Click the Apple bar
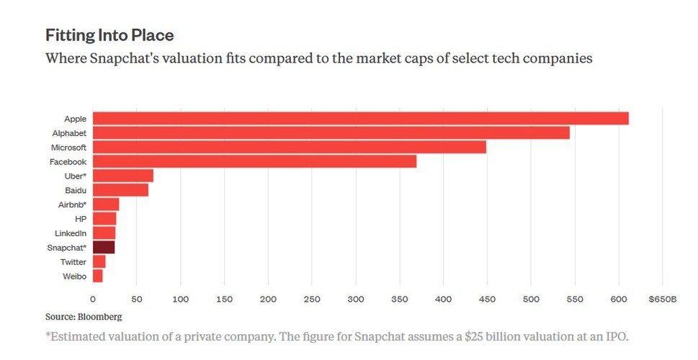click(x=360, y=118)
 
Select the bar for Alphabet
click(x=331, y=132)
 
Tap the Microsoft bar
click(x=289, y=147)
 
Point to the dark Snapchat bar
click(x=104, y=248)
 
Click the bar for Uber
click(x=122, y=176)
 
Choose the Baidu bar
click(x=120, y=190)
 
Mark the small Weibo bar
click(x=97, y=276)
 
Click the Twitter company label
click(x=73, y=262)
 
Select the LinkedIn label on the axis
click(x=71, y=233)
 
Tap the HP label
click(x=81, y=219)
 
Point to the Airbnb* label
click(x=72, y=204)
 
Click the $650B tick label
click(x=662, y=299)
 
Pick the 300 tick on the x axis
click(x=356, y=299)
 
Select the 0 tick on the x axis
click(x=93, y=299)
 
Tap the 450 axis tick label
click(x=488, y=299)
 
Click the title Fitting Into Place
click(x=109, y=35)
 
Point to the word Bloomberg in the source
click(x=102, y=316)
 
